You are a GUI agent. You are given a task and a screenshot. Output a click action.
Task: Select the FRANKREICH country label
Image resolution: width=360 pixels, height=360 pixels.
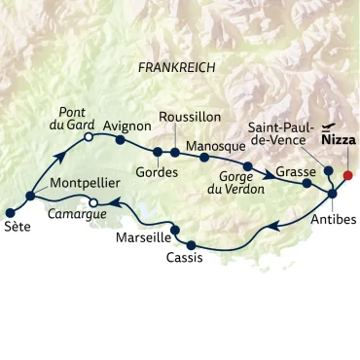pos(176,68)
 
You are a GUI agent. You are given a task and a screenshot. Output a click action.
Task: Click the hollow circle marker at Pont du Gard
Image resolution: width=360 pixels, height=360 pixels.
pos(89,139)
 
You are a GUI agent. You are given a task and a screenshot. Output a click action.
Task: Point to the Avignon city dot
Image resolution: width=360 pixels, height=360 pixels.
pos(121,139)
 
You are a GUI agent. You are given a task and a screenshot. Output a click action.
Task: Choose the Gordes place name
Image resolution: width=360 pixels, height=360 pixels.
pos(159,172)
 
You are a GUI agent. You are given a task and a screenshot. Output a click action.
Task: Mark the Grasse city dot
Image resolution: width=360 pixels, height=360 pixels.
pos(307,182)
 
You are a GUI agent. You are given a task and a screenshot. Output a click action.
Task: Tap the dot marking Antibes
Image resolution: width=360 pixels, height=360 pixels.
pos(332,194)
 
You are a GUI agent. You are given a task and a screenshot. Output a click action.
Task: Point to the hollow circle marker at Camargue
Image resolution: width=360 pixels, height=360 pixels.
pos(93,202)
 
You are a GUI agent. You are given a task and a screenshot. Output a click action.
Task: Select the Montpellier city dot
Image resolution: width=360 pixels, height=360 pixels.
pos(30,196)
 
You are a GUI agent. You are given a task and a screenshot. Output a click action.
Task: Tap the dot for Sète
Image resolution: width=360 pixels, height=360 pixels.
pos(11,212)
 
